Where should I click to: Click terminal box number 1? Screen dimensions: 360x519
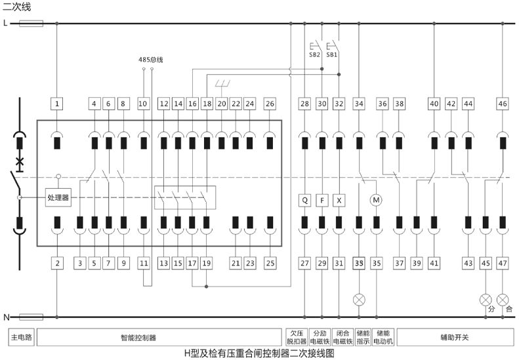58,104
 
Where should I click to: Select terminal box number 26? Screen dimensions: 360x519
270,104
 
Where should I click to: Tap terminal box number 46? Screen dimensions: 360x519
503,104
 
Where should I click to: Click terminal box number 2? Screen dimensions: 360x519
58,263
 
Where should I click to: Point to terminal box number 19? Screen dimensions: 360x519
207,263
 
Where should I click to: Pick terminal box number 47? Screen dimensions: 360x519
503,263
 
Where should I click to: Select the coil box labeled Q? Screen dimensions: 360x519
305,200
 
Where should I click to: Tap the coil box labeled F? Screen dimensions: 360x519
322,200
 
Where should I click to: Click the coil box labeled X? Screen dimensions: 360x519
339,200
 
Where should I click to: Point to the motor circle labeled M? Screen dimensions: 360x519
376,200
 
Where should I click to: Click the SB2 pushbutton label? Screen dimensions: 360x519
315,55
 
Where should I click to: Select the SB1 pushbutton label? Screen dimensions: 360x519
332,55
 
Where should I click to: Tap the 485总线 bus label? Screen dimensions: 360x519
150,60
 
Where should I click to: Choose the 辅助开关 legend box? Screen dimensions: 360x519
455,338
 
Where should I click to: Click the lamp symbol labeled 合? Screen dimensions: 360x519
503,299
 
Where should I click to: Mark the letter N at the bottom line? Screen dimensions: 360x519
6,317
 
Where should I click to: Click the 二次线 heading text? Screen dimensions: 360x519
16,7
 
